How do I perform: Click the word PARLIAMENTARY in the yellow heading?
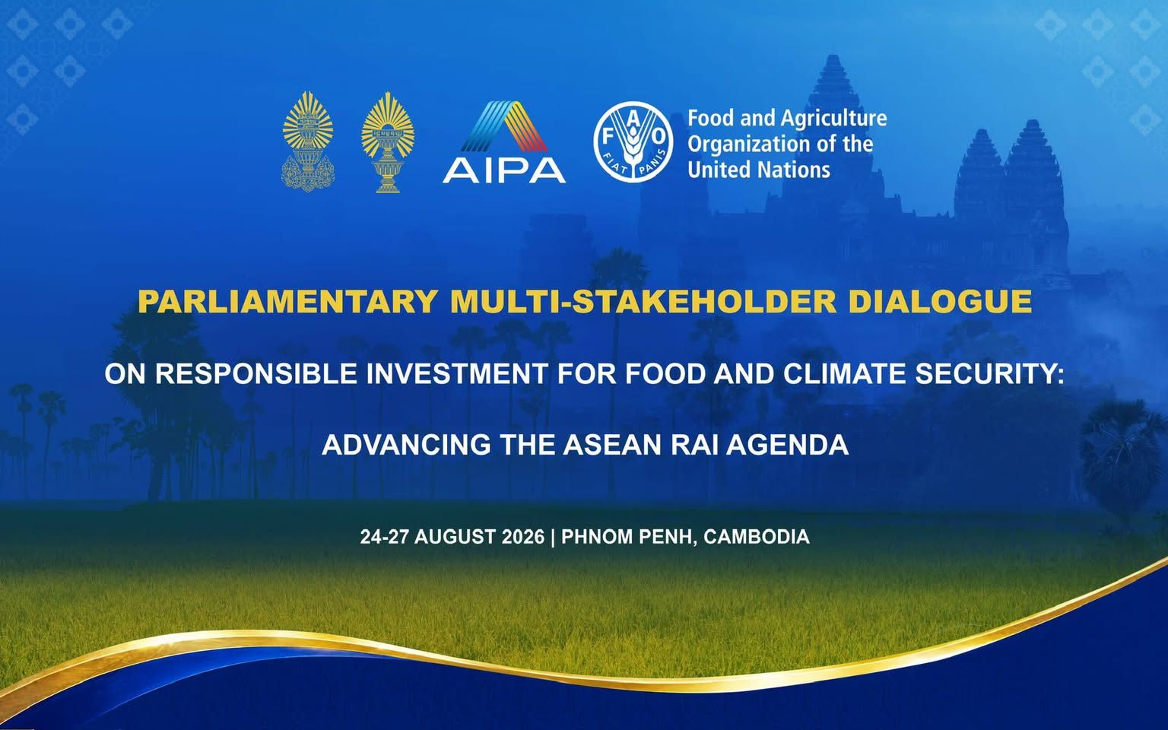point(288,301)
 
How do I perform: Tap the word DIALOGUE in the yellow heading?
point(940,301)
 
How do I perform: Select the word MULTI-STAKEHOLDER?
point(643,301)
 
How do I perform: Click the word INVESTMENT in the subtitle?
point(457,373)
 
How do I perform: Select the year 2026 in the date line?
point(522,537)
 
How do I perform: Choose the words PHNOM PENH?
point(627,537)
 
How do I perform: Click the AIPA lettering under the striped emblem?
point(504,170)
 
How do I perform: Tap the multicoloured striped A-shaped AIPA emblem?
point(504,126)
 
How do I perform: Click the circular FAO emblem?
point(633,142)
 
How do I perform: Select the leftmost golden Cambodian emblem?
point(308,142)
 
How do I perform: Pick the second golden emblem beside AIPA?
point(388,142)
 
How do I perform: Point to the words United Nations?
point(759,170)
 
